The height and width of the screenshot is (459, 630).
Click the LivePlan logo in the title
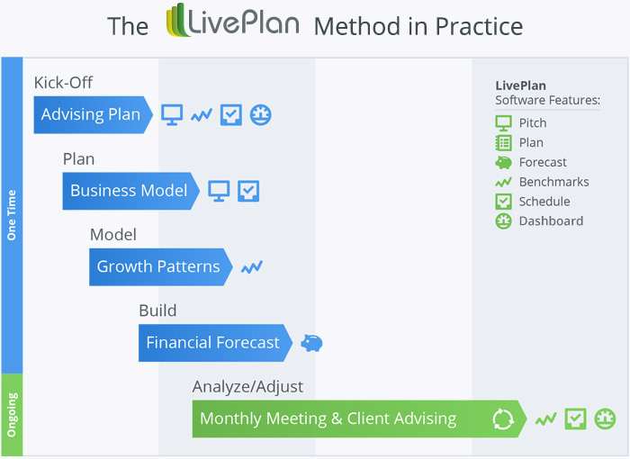[x=232, y=23]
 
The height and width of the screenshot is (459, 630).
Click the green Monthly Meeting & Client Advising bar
[x=342, y=418]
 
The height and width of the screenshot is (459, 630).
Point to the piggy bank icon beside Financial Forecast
[x=311, y=343]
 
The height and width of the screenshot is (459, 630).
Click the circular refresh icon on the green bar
[x=502, y=418]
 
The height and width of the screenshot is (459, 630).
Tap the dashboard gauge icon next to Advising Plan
[x=261, y=114]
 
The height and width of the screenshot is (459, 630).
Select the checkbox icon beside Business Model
[x=248, y=191]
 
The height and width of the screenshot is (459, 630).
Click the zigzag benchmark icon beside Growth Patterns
[x=252, y=266]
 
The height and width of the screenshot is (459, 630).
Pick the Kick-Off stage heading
[x=63, y=83]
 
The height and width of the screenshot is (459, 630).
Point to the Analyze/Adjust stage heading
[x=247, y=387]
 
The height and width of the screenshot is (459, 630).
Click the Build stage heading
[x=157, y=310]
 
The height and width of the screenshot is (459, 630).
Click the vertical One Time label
[x=12, y=216]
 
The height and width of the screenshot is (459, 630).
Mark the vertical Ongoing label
[x=12, y=414]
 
